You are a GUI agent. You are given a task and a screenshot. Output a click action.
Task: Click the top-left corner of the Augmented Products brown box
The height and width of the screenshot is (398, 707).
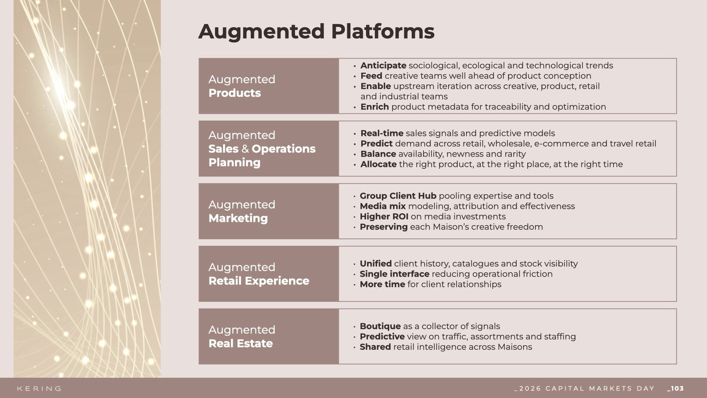[199, 58]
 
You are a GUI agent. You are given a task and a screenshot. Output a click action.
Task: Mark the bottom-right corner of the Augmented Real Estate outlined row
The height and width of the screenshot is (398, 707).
[676, 364]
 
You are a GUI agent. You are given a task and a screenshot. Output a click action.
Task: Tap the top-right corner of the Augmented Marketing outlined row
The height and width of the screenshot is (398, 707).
[676, 184]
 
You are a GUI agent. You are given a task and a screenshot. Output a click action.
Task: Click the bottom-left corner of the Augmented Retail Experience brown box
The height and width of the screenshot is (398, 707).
[199, 301]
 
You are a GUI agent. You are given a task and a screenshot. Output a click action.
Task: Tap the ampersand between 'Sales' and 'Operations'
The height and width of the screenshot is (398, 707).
[245, 149]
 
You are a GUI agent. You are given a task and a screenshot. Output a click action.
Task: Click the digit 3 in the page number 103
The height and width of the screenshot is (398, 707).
[681, 388]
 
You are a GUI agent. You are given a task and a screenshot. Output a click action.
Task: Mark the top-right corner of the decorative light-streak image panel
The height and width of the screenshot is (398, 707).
[161, 0]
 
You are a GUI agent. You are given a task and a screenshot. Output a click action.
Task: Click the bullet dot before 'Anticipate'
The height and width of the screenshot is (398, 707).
[355, 66]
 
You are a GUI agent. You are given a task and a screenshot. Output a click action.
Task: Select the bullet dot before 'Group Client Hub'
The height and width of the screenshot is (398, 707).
[355, 197]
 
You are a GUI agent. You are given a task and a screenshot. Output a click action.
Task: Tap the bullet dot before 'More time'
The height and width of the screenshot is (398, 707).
[355, 285]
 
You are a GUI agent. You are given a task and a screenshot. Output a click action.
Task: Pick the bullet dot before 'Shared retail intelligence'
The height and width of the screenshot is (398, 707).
[355, 348]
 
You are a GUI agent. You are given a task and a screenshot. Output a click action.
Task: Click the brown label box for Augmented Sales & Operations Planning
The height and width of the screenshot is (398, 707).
[269, 149]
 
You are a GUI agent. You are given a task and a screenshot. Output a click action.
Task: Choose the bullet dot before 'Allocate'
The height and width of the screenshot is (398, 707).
[355, 165]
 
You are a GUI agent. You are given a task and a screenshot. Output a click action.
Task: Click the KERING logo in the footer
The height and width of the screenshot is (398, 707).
[39, 388]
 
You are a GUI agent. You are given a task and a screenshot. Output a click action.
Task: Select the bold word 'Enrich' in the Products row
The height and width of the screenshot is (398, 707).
[374, 107]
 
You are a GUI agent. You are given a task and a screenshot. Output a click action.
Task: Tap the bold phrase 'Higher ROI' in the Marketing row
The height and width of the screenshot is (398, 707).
[384, 217]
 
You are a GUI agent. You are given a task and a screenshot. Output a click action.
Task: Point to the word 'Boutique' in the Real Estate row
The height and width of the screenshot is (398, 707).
[380, 327]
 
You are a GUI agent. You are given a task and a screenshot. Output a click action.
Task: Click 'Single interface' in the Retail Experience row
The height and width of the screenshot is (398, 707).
[394, 274]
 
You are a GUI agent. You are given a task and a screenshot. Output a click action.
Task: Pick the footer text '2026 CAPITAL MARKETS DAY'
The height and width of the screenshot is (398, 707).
[587, 388]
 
